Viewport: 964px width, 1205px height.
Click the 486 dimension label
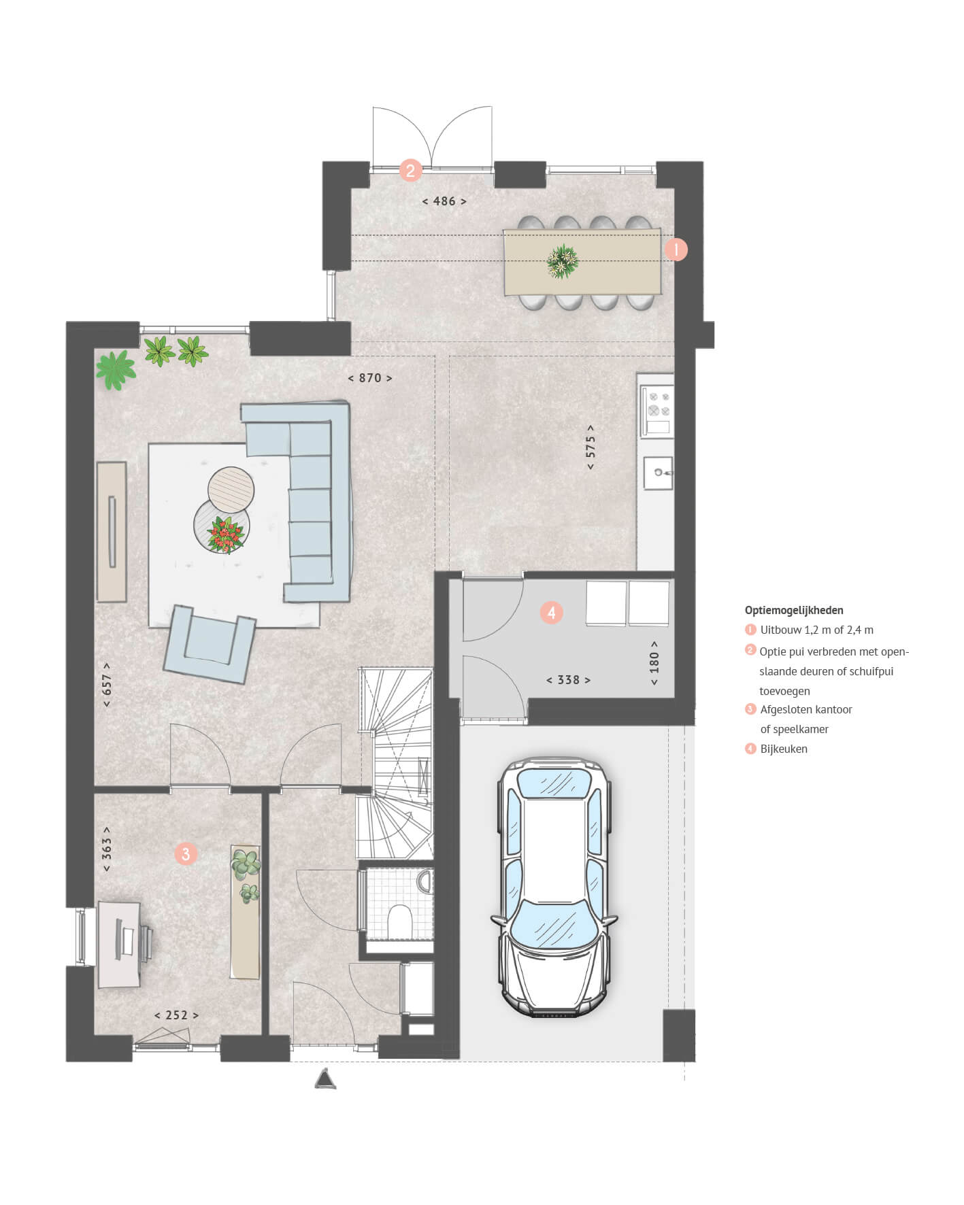tap(444, 201)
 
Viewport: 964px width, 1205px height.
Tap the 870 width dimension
tap(370, 378)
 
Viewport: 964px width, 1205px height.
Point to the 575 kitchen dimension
tap(591, 447)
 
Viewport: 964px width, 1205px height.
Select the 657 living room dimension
tap(107, 684)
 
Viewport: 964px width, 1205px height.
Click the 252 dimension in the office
tap(176, 1015)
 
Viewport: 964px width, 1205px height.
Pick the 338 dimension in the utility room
tap(568, 680)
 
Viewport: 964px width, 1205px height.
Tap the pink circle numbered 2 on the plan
tap(410, 169)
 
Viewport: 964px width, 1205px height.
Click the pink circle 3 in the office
tap(186, 853)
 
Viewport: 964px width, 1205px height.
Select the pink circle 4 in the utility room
tap(552, 613)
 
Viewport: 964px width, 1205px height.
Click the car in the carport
tap(554, 887)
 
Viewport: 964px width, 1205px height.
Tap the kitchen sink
tap(658, 473)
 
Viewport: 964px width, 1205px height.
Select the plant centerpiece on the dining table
tap(563, 261)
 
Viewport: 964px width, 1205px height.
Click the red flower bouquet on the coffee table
tap(226, 534)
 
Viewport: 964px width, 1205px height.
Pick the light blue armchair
tap(209, 643)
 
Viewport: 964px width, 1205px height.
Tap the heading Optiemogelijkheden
tap(794, 611)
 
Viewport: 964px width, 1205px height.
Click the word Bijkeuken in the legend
tap(784, 749)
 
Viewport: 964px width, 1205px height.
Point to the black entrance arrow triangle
tap(326, 1079)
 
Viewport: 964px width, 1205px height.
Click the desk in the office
tap(120, 944)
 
